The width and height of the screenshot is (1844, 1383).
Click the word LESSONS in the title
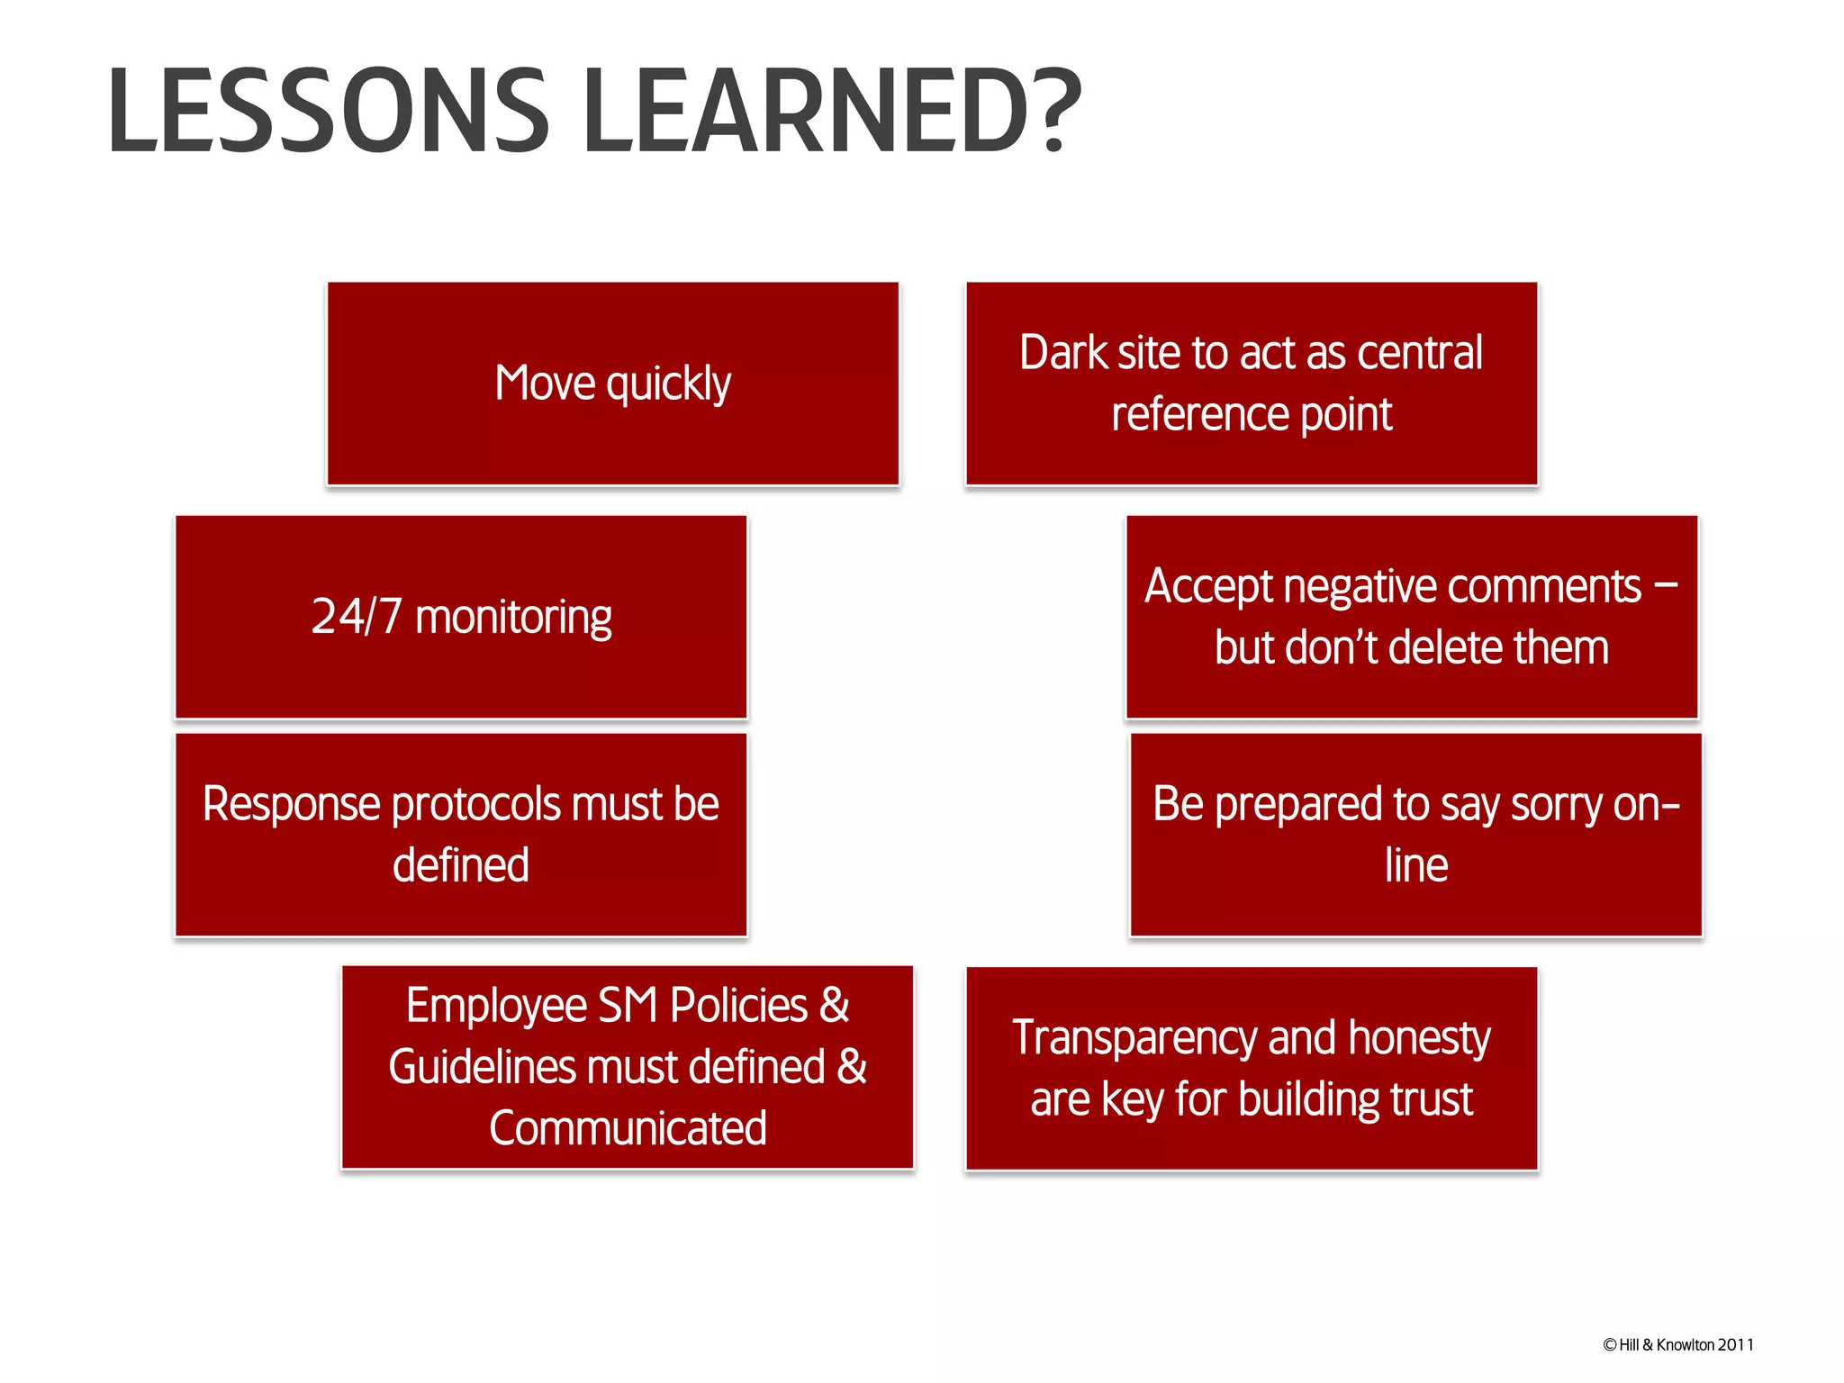point(329,112)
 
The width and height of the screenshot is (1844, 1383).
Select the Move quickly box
point(612,384)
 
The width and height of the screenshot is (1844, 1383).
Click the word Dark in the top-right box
point(1062,353)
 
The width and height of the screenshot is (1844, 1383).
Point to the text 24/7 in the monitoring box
point(356,618)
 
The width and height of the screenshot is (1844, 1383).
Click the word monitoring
point(513,619)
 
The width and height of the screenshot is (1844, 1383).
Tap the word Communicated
point(628,1129)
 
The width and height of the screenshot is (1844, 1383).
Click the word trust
point(1431,1100)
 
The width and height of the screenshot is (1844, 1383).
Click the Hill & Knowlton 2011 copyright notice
point(1677,1345)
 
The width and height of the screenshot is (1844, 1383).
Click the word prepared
point(1297,805)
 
